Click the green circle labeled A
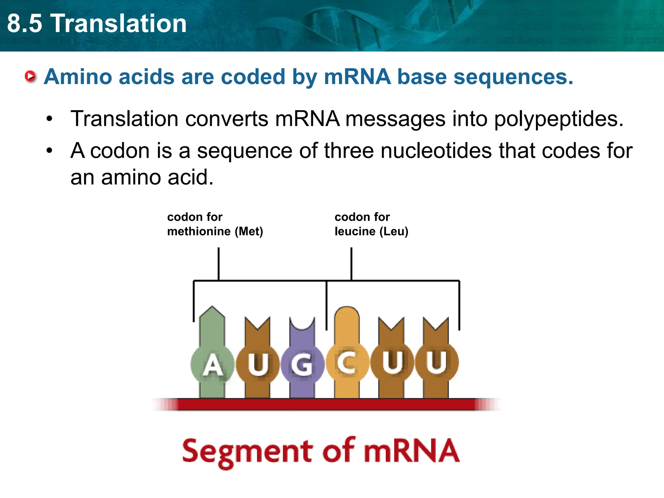(212, 365)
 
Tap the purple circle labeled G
(302, 365)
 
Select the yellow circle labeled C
(347, 363)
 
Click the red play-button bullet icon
(30, 77)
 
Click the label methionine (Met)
(215, 231)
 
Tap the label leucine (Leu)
(371, 231)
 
